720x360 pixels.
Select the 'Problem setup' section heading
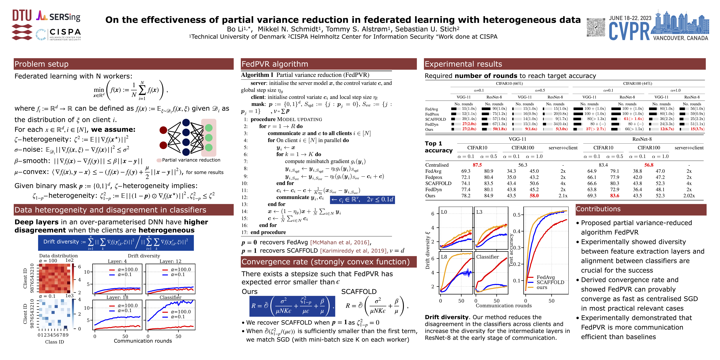41,64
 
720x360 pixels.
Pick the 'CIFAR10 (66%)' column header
509,83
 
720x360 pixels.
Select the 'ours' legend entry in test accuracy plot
542,287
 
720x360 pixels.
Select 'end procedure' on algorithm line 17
268,232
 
